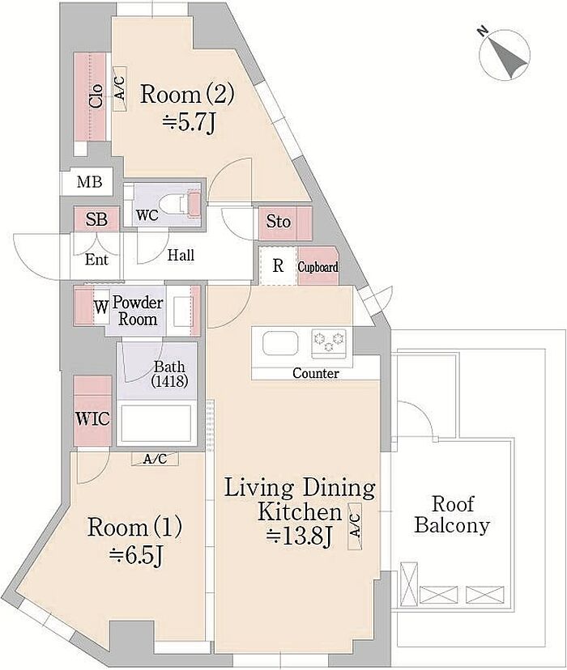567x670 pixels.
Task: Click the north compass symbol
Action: point(505,54)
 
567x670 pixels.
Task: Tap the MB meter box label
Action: point(90,182)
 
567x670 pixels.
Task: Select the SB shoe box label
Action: point(96,219)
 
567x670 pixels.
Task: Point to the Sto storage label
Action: point(279,222)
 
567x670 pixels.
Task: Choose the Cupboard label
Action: point(318,268)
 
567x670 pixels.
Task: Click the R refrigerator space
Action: point(278,265)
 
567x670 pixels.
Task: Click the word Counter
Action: point(316,373)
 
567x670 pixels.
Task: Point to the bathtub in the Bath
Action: point(156,423)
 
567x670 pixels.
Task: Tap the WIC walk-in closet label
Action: point(93,418)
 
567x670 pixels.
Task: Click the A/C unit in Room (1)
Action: point(155,460)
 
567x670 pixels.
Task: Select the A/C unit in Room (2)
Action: point(120,89)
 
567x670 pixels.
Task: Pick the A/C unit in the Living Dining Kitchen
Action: point(355,526)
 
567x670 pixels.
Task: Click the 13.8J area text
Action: point(300,536)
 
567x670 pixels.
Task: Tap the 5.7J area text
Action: point(188,123)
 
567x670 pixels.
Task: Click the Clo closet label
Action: point(96,95)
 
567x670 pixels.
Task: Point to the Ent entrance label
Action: point(96,260)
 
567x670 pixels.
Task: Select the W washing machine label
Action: point(101,307)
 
